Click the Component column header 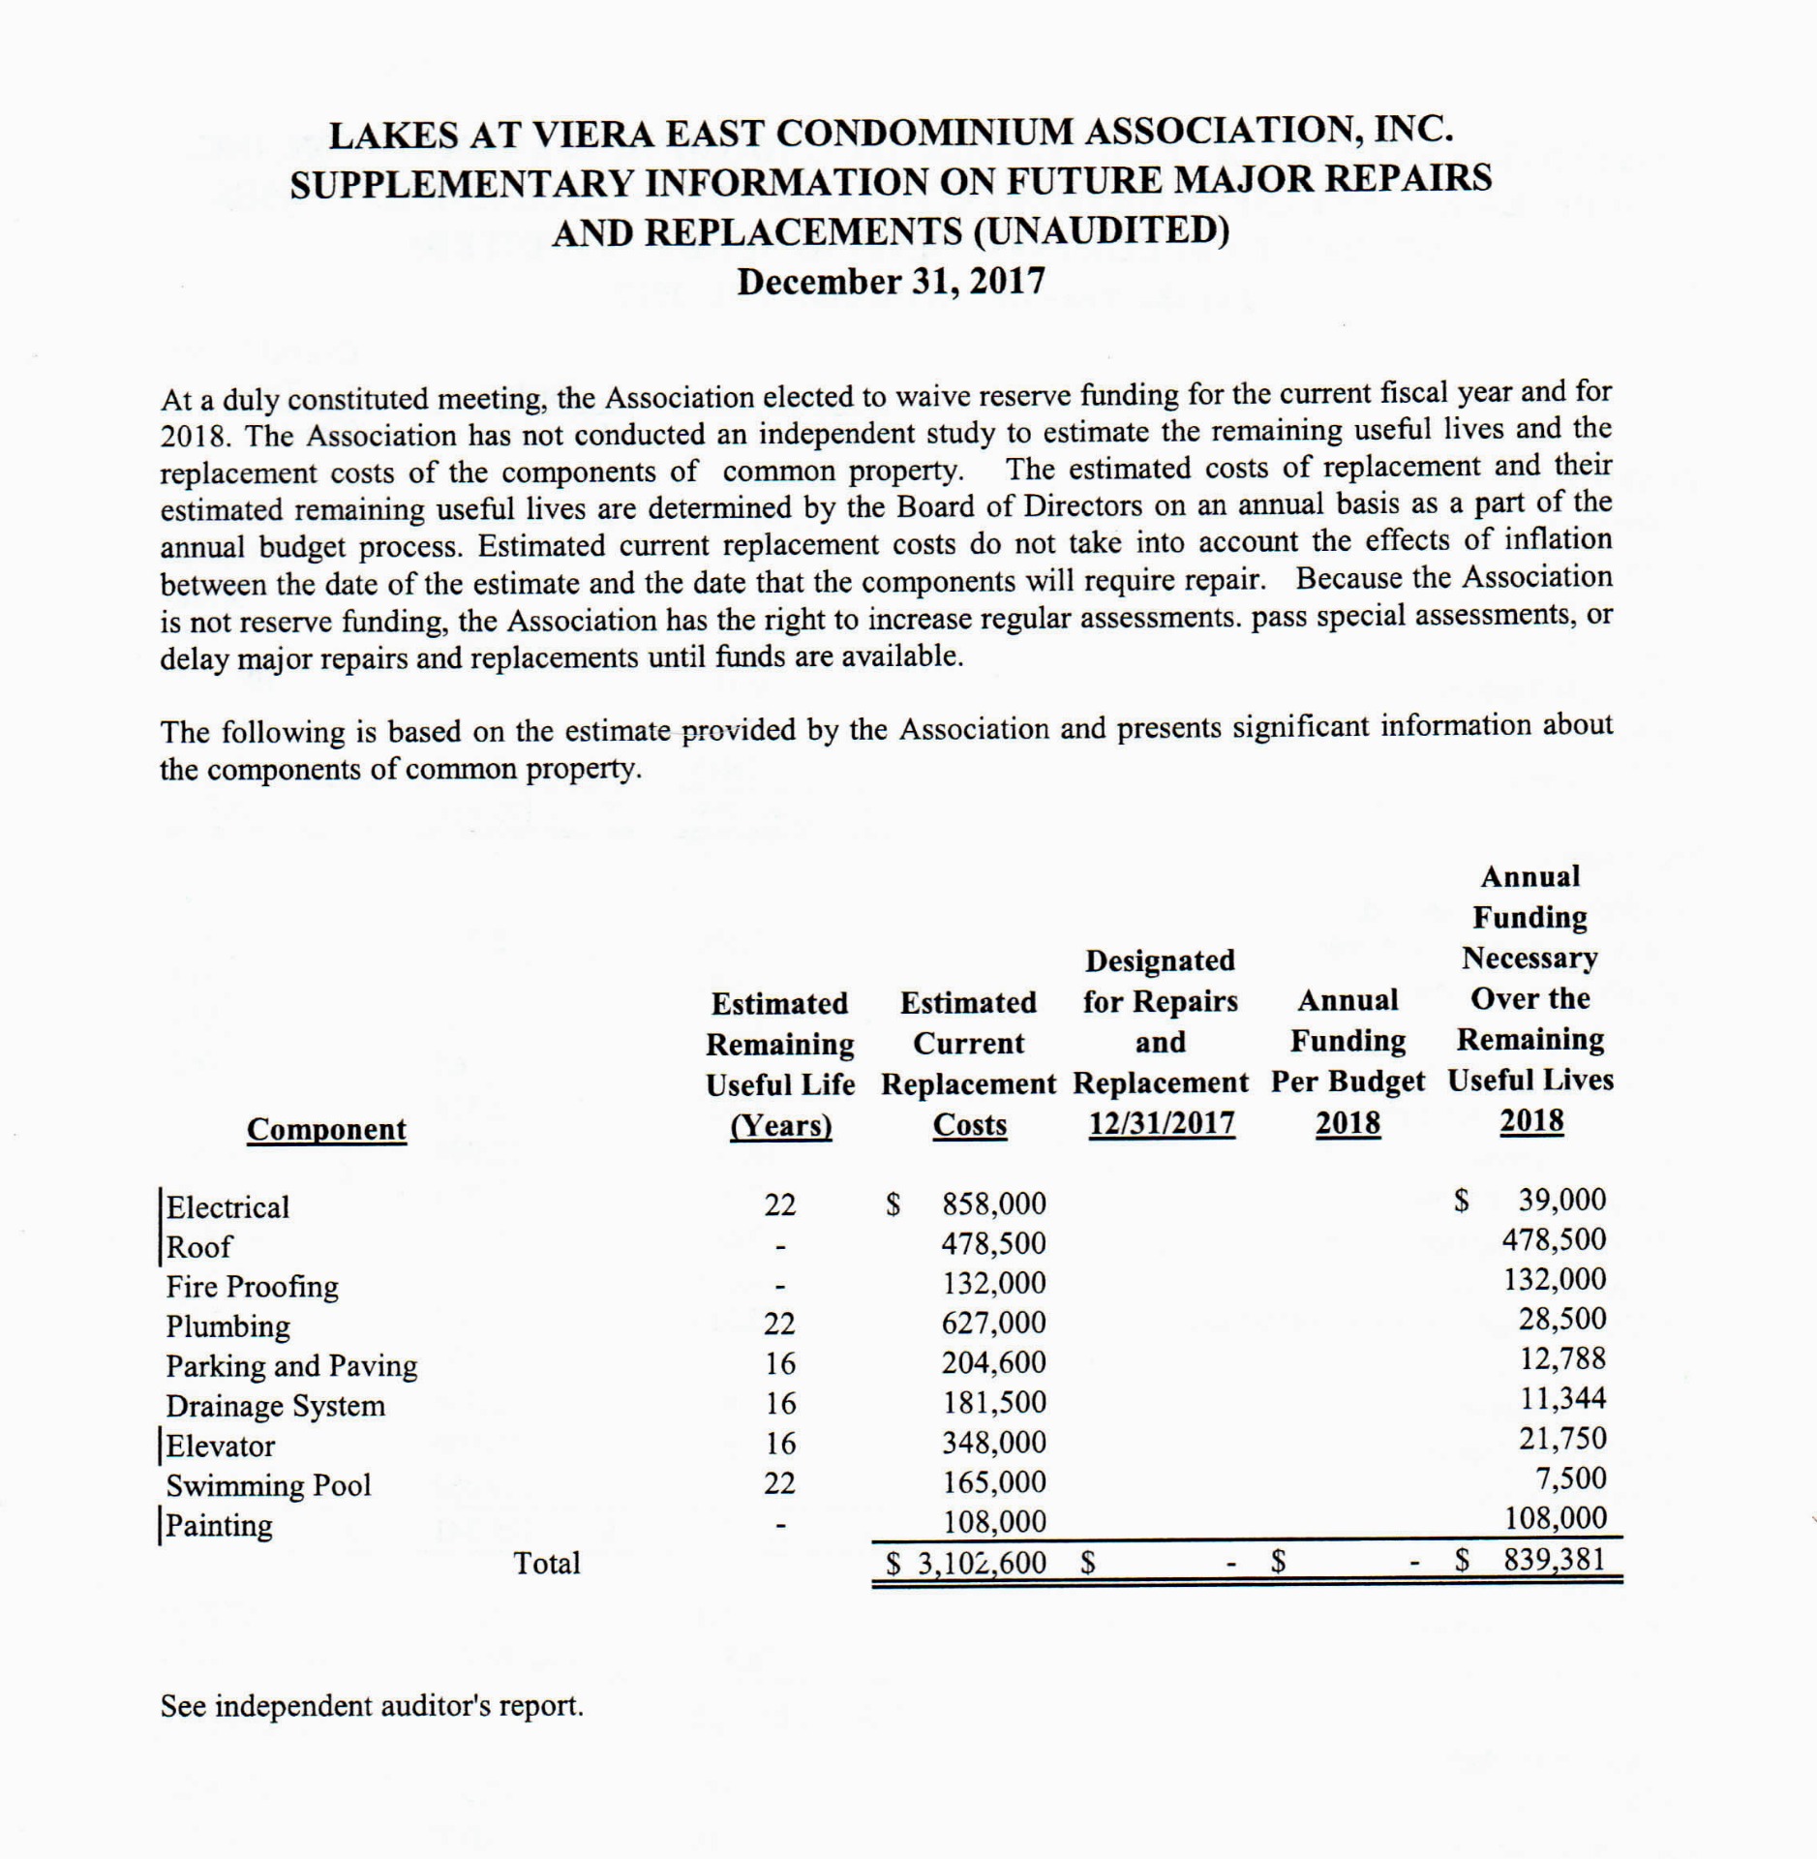326,1129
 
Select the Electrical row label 227,1207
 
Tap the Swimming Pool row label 268,1485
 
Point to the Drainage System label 275,1406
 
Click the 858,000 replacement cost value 994,1204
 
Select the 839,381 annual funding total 1555,1560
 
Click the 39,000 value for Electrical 1561,1200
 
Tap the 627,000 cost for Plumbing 994,1323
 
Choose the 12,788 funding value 1562,1358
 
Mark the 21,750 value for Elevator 1562,1439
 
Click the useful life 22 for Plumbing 779,1324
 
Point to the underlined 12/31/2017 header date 1161,1123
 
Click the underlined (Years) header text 780,1126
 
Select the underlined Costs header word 969,1125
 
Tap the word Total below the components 547,1563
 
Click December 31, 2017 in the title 891,282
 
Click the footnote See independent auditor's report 372,1706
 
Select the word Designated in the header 1160,960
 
